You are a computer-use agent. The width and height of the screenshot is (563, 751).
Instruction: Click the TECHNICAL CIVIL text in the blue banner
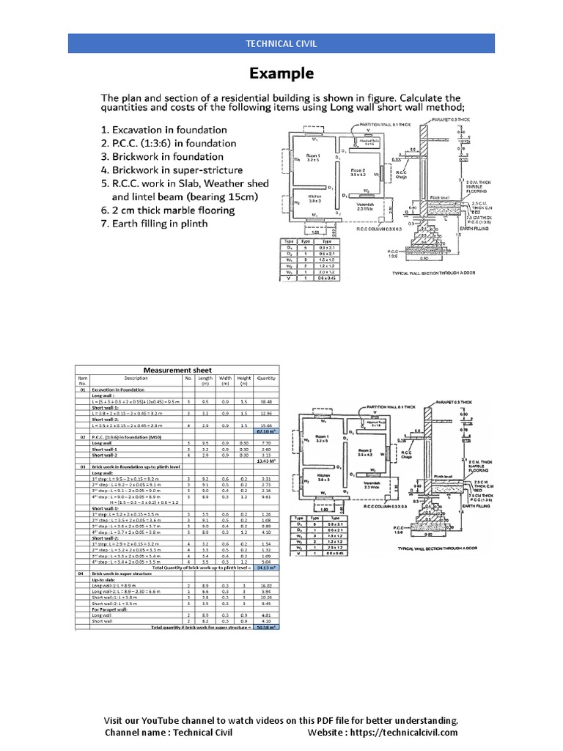[281, 43]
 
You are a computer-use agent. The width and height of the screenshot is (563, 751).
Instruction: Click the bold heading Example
[281, 73]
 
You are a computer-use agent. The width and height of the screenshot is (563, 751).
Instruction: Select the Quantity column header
[265, 378]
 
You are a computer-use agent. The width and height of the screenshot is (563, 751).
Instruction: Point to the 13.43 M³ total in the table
[265, 461]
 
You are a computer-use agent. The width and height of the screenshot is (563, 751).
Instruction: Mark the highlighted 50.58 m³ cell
[265, 628]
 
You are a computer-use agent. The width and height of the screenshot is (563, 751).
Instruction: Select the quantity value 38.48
[265, 402]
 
